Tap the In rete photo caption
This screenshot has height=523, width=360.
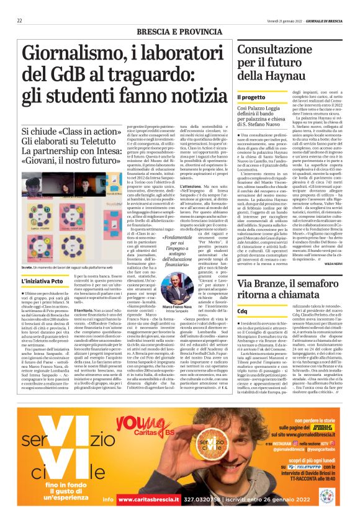[75, 267]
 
